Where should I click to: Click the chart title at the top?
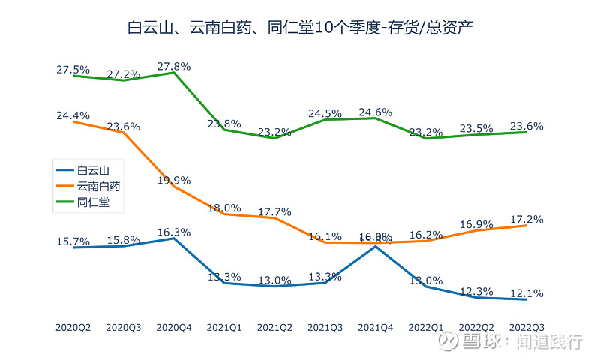coord(300,28)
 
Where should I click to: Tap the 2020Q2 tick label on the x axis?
coord(73,327)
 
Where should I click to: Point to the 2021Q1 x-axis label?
coord(224,327)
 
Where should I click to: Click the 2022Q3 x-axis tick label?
coord(526,327)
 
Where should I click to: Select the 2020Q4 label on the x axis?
coord(174,327)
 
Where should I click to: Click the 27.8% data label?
coord(174,66)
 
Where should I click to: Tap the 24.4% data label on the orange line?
coord(73,115)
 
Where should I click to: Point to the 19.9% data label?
coord(174,180)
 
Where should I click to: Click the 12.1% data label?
coord(526,293)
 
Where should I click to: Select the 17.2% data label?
coord(526,220)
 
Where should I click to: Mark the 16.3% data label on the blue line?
coord(174,232)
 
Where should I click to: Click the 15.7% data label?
coord(73,241)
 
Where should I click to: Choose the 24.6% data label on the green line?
coord(376,112)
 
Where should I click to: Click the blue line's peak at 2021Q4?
coord(376,245)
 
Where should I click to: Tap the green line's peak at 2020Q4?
coord(174,73)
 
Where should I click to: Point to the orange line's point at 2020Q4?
coord(174,186)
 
